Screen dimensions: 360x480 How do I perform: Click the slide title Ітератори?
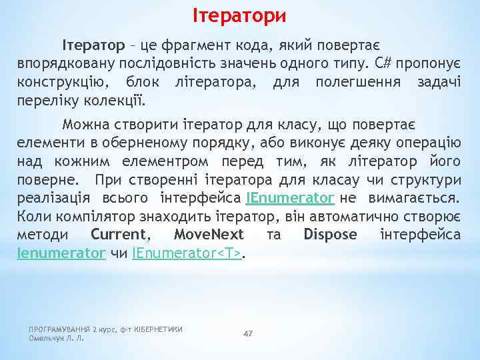pyautogui.click(x=240, y=14)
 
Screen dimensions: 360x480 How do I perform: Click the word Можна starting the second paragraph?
pyautogui.click(x=85, y=125)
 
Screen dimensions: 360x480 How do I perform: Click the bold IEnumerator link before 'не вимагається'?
pyautogui.click(x=289, y=198)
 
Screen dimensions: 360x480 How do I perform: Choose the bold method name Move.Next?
pyautogui.click(x=209, y=235)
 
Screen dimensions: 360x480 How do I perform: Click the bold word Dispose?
pyautogui.click(x=330, y=235)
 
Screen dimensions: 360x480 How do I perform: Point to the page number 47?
pyautogui.click(x=248, y=333)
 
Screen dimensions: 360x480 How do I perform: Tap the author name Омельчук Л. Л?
pyautogui.click(x=57, y=338)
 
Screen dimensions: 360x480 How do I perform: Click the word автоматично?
pyautogui.click(x=379, y=217)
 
